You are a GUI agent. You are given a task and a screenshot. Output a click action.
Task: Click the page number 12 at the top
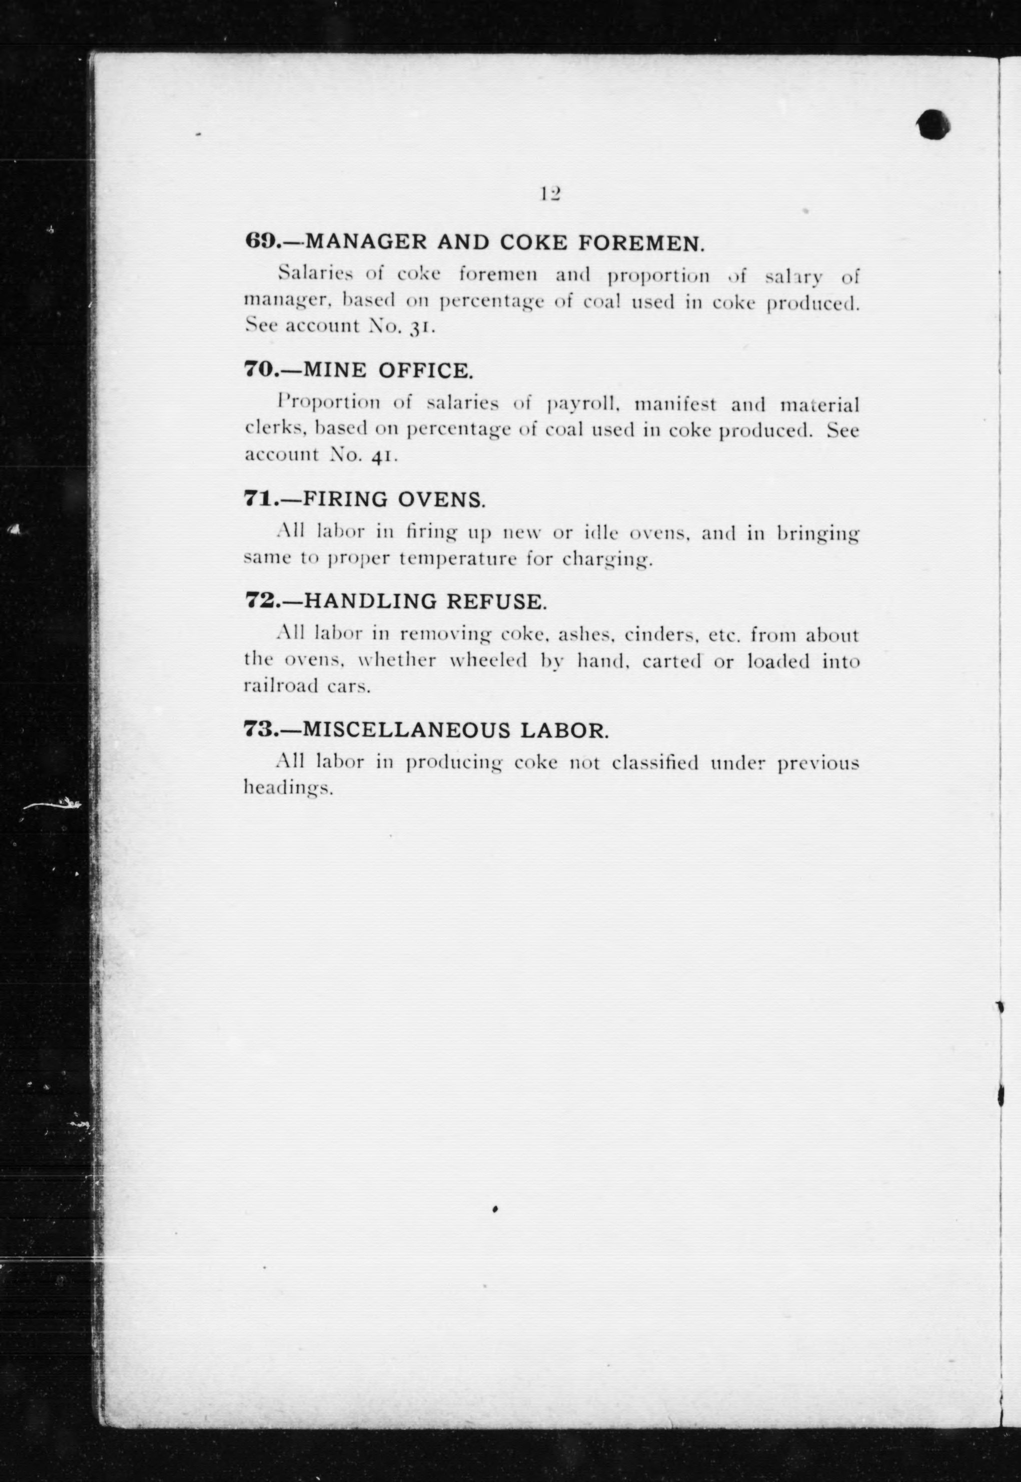point(550,193)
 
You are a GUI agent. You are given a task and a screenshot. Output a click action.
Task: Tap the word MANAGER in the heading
point(365,242)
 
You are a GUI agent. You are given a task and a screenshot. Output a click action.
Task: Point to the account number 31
point(423,327)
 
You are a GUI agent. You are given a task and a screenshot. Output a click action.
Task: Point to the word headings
point(288,788)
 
